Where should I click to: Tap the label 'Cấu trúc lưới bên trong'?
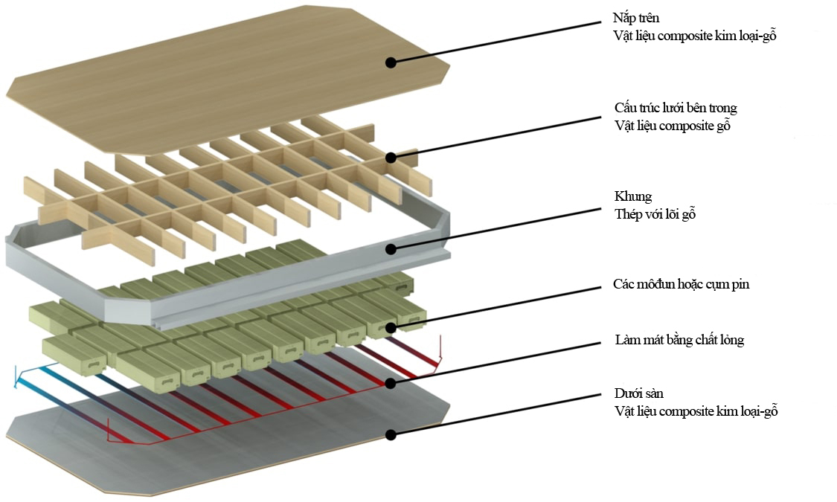676,109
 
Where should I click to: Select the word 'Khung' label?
633,196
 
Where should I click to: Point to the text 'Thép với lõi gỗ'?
654,214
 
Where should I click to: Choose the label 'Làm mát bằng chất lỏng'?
679,340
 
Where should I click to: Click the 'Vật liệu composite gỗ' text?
673,126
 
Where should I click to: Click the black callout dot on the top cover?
390,63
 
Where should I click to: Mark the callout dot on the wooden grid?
390,158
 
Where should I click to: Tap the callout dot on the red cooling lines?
390,384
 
